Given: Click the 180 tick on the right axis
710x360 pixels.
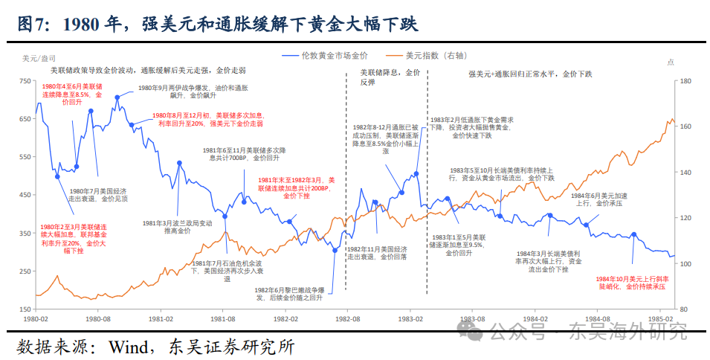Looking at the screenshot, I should (x=685, y=81).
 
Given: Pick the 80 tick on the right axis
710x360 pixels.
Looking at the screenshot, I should (x=684, y=309).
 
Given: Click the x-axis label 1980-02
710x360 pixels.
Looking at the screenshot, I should (x=36, y=318).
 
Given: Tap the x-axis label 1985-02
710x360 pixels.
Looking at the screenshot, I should (x=659, y=318).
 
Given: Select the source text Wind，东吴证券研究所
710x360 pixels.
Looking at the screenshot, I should (x=156, y=347).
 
